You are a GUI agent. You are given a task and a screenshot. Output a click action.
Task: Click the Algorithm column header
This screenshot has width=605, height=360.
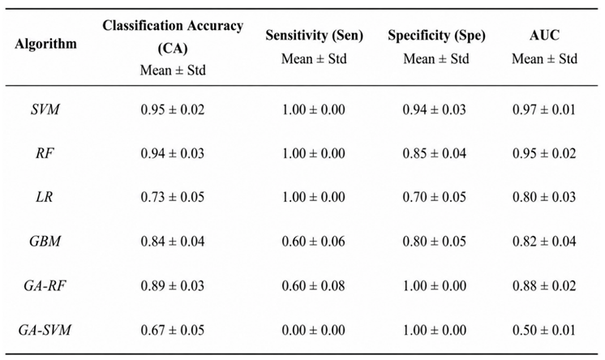coord(45,44)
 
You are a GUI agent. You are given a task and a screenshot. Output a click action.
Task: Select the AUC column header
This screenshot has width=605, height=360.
coord(544,35)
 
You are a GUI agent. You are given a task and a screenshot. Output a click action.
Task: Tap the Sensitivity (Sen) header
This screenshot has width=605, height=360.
coord(314,36)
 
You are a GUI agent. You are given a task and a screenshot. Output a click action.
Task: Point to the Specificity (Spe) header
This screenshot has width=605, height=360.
coord(436,36)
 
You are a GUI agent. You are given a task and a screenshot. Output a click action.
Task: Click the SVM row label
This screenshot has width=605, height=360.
coord(45,109)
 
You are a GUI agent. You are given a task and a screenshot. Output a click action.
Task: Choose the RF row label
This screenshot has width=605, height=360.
coord(45,153)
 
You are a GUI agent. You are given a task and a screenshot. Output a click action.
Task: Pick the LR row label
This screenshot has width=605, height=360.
coord(45,197)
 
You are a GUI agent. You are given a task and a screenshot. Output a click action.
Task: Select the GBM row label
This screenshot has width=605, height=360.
coord(45,242)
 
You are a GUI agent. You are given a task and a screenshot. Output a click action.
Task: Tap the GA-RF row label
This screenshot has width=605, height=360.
coord(45,286)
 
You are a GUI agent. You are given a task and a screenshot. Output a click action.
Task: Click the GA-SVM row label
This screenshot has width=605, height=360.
coord(45,330)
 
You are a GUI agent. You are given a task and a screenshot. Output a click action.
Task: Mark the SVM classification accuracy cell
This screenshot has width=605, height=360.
coord(173,109)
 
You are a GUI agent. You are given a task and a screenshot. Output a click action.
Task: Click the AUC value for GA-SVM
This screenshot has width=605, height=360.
coord(544,330)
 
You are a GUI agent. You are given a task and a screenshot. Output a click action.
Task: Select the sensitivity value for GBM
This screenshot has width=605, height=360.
coord(313,242)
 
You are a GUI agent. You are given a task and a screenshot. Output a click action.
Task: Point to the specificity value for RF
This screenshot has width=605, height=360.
coord(435,153)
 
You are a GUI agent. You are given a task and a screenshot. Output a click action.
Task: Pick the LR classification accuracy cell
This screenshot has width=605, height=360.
coord(173,197)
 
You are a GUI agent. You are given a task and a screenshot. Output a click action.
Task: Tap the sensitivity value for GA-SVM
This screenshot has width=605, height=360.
coord(313,330)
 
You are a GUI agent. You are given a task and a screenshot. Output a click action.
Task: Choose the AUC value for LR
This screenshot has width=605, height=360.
coord(544,197)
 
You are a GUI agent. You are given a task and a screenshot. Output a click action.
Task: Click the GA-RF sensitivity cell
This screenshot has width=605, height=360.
coord(313,286)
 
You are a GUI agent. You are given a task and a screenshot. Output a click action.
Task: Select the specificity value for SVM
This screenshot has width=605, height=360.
coord(435,109)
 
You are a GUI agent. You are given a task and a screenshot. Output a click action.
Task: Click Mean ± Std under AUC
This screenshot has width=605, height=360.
coord(544,59)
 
